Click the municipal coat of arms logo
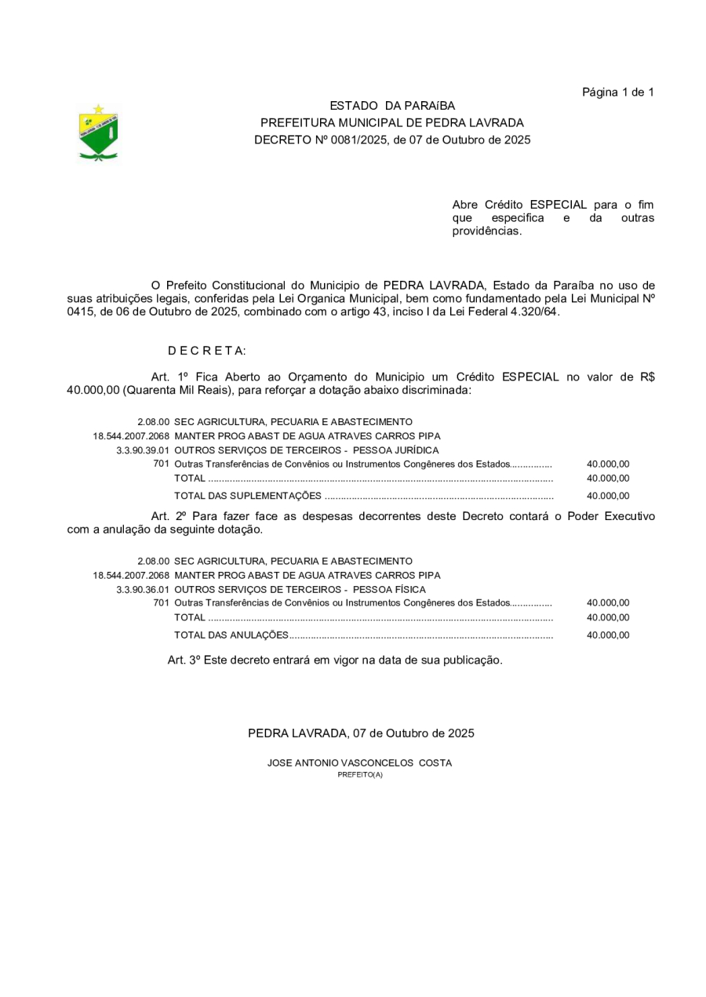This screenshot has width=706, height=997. point(99,133)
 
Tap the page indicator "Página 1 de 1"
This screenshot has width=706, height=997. point(617,93)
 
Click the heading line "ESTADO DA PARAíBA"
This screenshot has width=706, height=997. point(391,106)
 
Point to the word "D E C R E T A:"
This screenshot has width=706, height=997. point(206,351)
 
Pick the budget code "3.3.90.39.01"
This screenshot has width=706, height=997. point(143,450)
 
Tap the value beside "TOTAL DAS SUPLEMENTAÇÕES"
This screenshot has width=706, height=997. point(608,496)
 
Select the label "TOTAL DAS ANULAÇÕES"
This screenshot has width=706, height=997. point(231,635)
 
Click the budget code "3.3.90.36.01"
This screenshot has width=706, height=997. point(143,589)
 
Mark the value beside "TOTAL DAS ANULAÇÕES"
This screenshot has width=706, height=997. point(608,635)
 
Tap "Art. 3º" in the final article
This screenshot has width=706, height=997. point(186,660)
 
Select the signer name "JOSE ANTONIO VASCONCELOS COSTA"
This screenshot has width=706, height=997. point(359,762)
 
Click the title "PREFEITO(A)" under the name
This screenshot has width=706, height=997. point(360,775)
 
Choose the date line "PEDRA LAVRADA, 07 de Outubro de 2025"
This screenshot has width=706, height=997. point(361,733)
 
